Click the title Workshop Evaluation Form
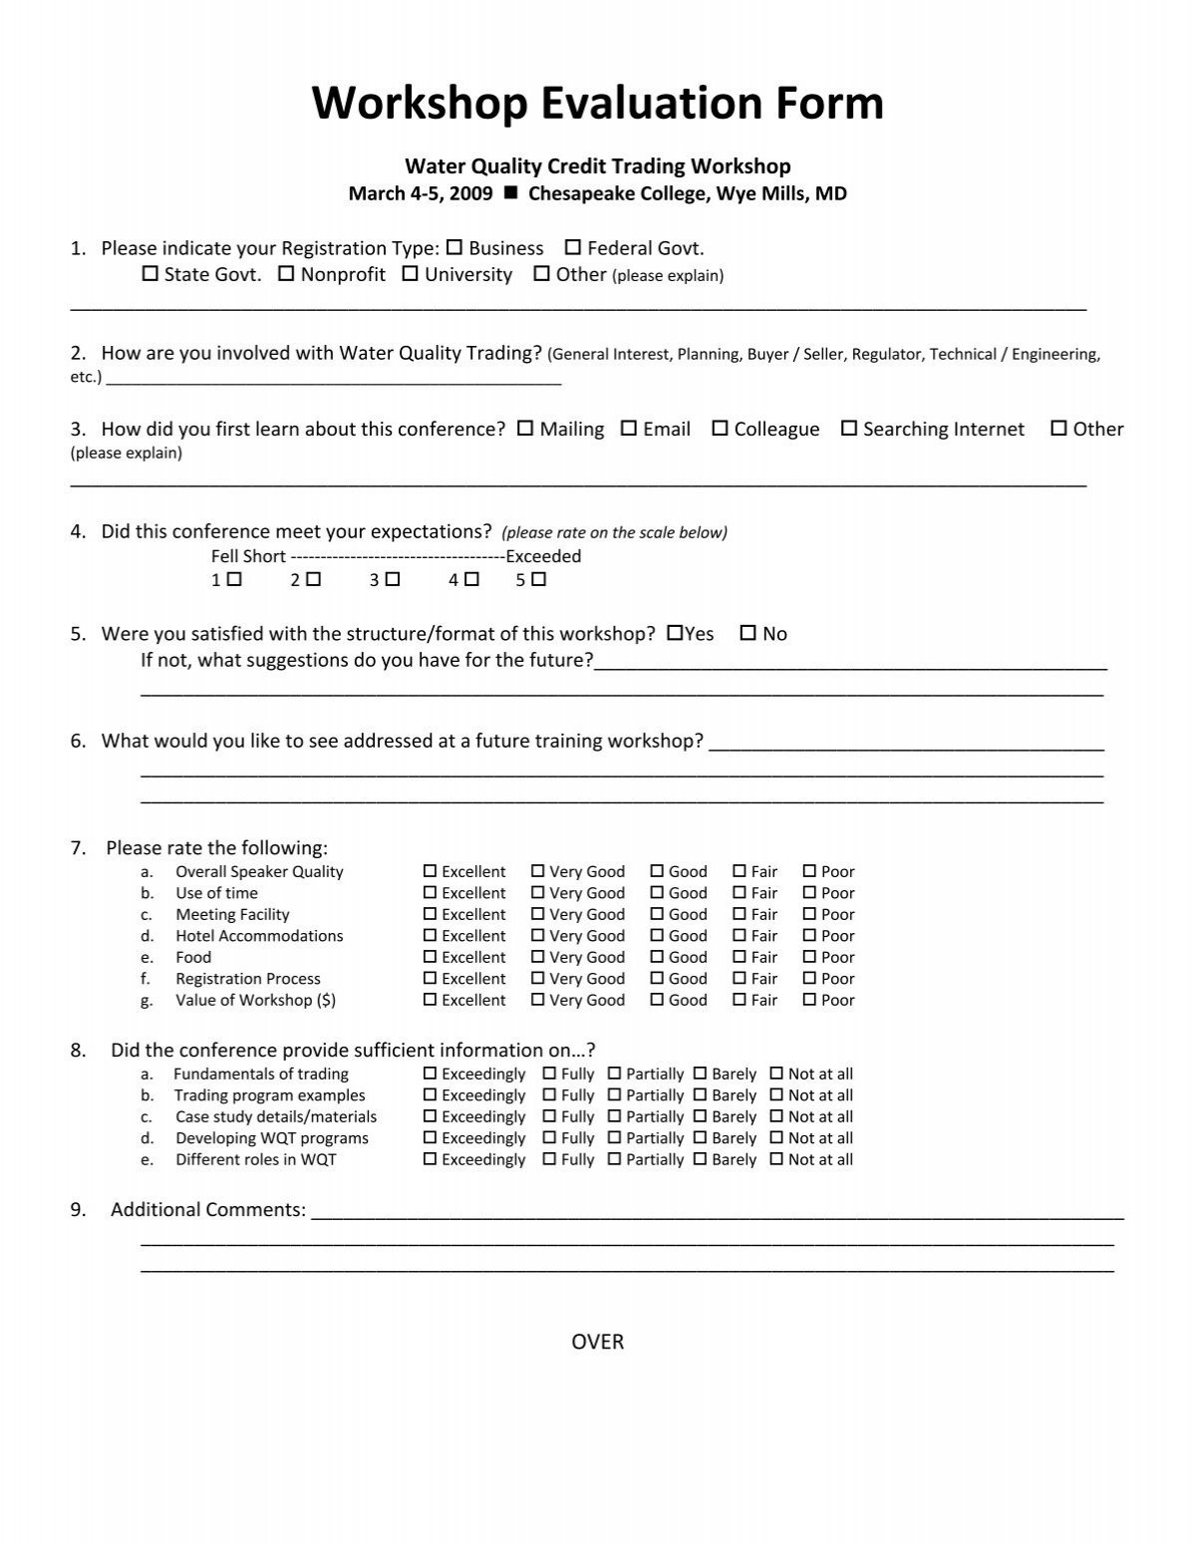(597, 104)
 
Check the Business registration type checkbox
(454, 248)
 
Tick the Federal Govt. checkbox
(573, 248)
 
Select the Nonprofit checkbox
(286, 274)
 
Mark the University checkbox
(410, 274)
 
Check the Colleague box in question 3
(720, 429)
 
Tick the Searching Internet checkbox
(848, 429)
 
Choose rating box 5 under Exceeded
(539, 579)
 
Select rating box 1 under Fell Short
(234, 579)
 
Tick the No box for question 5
(748, 633)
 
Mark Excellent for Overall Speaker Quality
(431, 871)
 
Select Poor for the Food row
(809, 957)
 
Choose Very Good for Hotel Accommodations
(538, 936)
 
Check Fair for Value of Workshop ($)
(740, 1000)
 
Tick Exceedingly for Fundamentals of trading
(431, 1074)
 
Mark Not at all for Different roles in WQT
(776, 1159)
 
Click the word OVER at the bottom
(597, 1342)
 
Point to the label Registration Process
(248, 979)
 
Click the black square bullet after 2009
(511, 193)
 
